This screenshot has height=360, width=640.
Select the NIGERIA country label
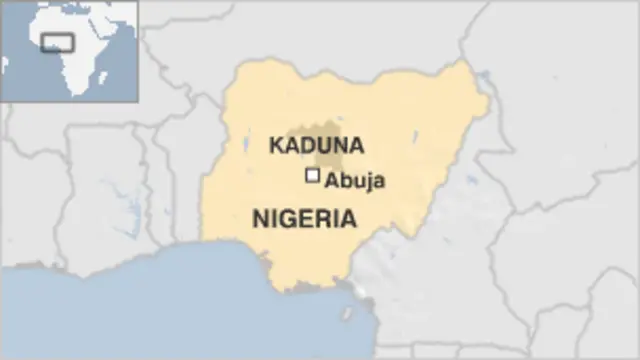304,218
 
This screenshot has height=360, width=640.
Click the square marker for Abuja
313,176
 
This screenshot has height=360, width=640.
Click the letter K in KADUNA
274,145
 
